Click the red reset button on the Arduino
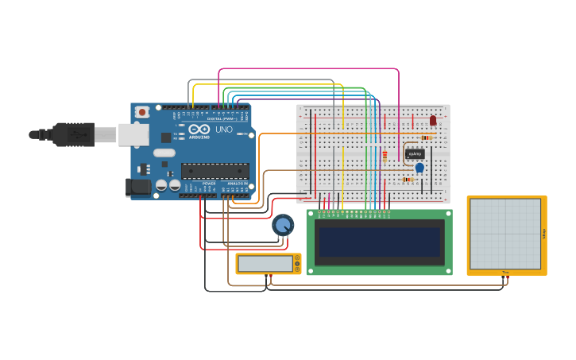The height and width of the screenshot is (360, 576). [141, 112]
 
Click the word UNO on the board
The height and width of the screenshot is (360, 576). [224, 130]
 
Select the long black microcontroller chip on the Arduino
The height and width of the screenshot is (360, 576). [215, 170]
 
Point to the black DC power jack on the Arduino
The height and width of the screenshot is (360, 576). [138, 188]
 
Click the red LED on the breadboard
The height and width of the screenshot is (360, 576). [433, 121]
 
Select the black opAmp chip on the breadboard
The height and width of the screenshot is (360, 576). [415, 153]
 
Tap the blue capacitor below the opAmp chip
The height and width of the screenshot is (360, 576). [419, 168]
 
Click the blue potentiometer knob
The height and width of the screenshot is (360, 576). [282, 225]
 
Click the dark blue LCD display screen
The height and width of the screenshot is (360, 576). [379, 242]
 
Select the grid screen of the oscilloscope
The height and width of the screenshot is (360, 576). [505, 234]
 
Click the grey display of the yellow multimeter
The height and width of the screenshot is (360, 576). [265, 263]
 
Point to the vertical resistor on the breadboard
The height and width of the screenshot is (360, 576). [385, 156]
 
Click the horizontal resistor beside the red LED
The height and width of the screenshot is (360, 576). [425, 137]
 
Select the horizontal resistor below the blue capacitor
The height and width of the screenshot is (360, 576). [408, 180]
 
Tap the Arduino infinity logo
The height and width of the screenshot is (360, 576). [199, 129]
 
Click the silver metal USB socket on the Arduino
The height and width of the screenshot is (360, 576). [133, 134]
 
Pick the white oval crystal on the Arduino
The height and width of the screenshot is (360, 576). [164, 153]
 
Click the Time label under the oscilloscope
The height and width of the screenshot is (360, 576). [505, 273]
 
